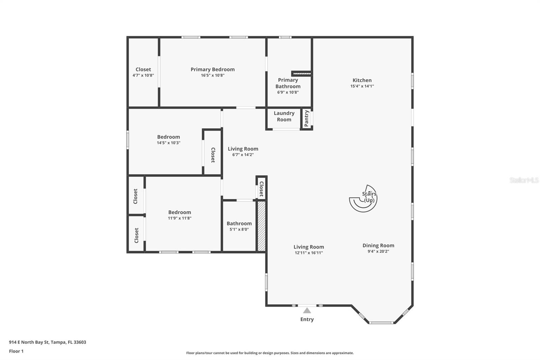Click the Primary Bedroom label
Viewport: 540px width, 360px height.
point(212,69)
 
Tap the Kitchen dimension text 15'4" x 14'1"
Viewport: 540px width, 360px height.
point(362,86)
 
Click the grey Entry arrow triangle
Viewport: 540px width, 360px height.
point(307,311)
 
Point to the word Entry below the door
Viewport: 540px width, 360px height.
point(307,319)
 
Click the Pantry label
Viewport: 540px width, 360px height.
point(306,119)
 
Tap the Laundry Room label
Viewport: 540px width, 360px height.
point(284,116)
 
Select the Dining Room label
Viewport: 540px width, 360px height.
point(378,246)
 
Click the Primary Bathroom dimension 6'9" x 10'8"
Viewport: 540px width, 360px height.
point(288,92)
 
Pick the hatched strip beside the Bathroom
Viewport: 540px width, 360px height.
point(262,226)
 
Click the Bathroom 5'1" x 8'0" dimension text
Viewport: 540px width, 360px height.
point(239,229)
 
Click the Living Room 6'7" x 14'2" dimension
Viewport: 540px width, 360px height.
point(243,155)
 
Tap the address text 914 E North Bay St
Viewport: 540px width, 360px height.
point(47,342)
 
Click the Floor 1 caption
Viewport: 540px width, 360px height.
point(16,351)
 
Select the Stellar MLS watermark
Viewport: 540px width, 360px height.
point(524,180)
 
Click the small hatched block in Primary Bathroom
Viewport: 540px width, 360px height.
point(301,73)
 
